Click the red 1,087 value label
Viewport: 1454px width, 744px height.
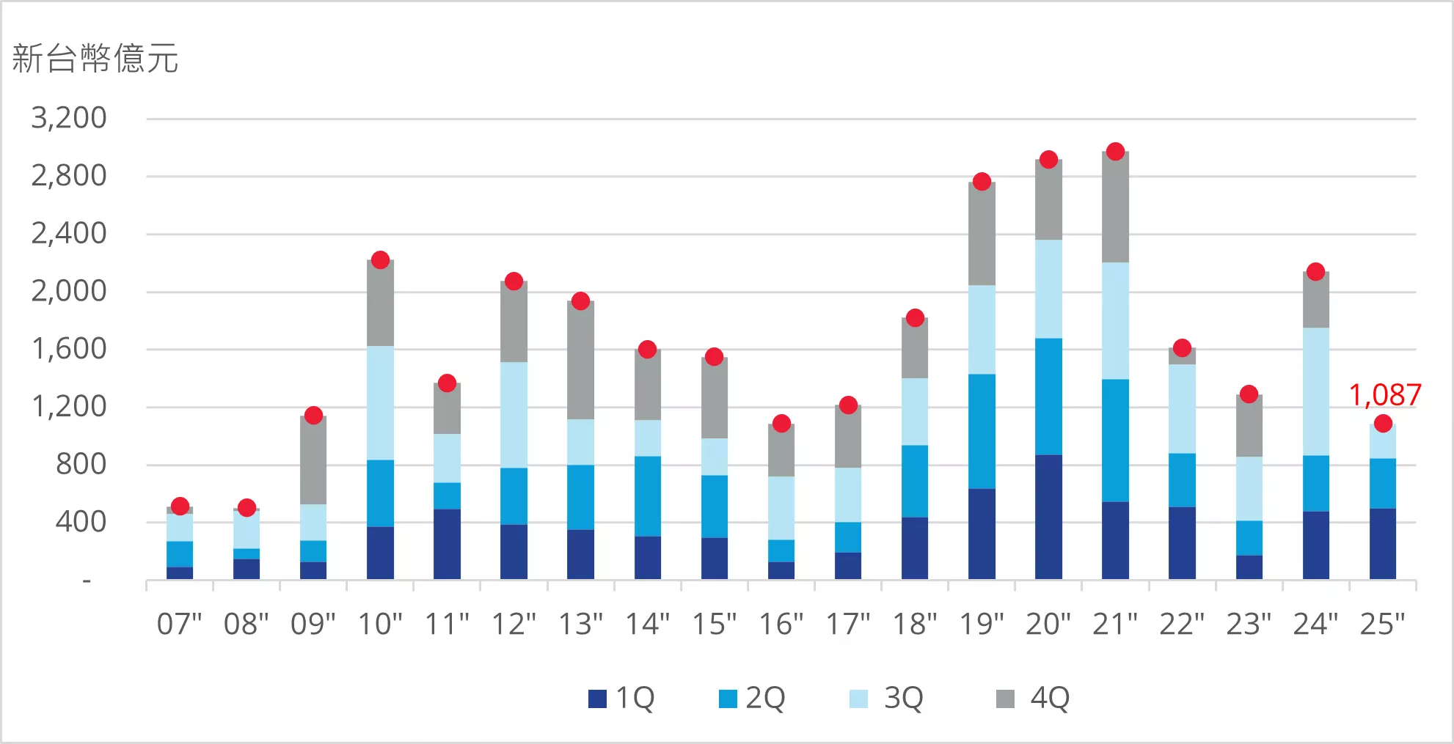(1384, 395)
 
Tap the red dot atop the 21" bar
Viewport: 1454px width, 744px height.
(1115, 152)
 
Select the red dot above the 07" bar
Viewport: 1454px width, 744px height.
(180, 506)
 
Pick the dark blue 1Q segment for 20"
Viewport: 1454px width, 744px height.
(1048, 517)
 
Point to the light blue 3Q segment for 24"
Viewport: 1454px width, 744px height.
(1315, 391)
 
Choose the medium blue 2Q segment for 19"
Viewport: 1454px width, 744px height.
(982, 431)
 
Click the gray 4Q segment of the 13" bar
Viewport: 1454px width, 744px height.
(580, 361)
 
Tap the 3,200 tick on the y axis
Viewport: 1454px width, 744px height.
(69, 118)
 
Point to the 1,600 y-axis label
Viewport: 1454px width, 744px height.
(69, 349)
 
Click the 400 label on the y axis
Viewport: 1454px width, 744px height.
(81, 522)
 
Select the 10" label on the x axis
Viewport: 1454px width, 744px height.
(380, 625)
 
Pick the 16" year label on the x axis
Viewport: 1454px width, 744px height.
(781, 625)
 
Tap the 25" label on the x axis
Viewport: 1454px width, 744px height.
(1382, 625)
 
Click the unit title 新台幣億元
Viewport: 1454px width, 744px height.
(95, 59)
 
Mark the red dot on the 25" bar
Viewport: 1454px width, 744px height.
(1383, 424)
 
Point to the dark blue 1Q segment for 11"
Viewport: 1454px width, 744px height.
(447, 544)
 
